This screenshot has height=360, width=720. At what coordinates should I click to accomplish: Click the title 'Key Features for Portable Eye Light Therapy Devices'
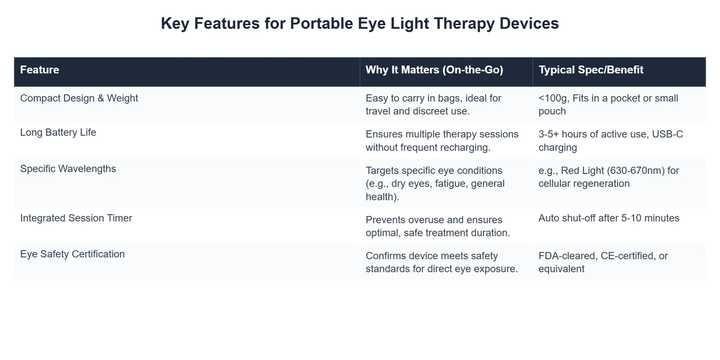pos(360,23)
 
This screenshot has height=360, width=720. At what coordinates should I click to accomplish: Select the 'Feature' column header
pos(40,70)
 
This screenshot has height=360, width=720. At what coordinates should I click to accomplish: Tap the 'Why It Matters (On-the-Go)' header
pos(434,70)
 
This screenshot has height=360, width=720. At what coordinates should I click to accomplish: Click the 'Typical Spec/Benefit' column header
pos(590,70)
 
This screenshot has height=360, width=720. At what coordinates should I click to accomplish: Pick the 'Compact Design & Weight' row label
pos(79,98)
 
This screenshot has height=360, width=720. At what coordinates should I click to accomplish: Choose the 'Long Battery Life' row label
pos(58,133)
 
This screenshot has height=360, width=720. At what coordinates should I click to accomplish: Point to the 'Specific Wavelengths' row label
pos(68,169)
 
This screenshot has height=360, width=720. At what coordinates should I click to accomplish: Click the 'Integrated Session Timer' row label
pos(76,218)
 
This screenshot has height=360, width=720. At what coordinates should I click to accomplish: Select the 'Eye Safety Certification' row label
pos(73,254)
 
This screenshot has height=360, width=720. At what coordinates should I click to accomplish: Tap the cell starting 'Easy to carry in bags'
pos(433,104)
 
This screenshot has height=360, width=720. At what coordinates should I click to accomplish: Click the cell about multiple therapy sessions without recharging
pos(437,140)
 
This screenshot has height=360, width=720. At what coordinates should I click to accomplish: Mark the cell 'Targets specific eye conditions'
pos(435,183)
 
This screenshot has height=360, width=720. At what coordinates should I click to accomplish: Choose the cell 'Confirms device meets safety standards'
pos(441,262)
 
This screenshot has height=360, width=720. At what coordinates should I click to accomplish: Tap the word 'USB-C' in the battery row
pos(667,134)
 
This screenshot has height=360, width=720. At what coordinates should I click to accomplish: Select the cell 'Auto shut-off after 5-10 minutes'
pos(608,218)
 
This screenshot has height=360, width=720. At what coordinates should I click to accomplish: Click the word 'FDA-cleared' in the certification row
pos(566,256)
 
